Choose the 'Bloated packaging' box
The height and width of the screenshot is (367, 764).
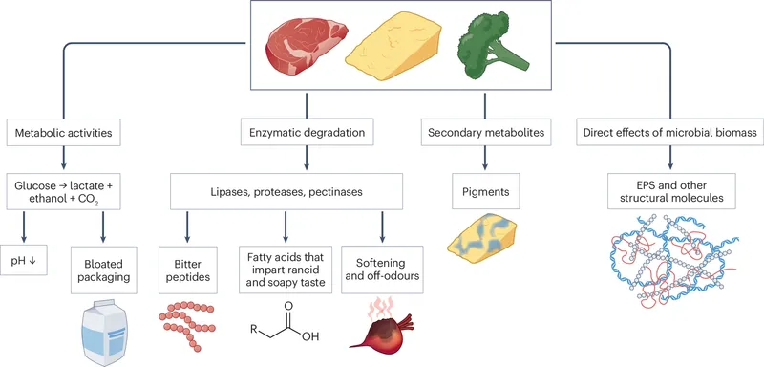[x=106, y=264]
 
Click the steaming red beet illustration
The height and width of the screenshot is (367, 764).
[x=378, y=329]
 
